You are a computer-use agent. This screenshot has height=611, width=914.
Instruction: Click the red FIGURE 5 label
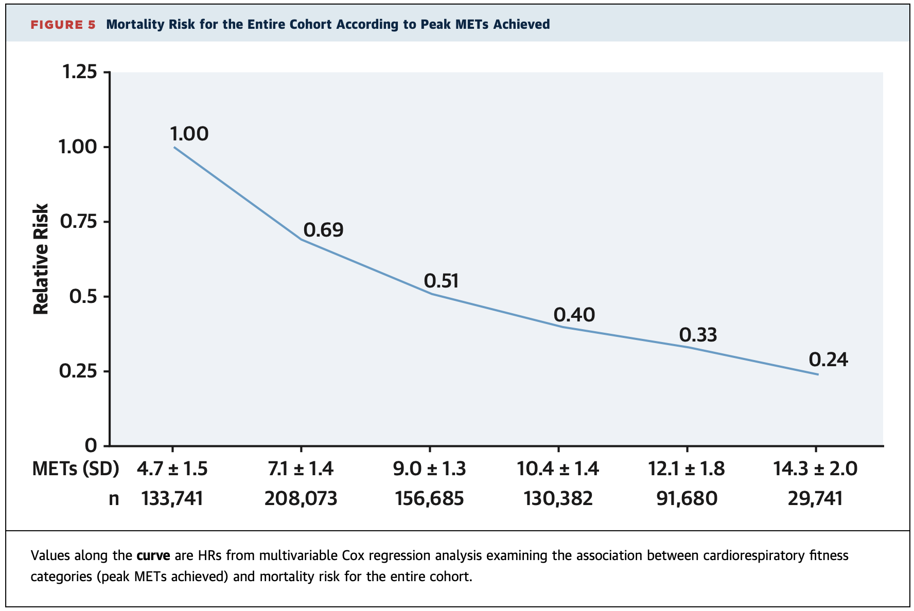click(63, 25)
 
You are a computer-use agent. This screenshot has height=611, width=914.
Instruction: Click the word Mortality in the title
click(133, 25)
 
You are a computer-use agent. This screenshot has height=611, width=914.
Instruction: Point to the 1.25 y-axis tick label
click(79, 72)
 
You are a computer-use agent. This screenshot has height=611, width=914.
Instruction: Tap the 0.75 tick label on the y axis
click(79, 222)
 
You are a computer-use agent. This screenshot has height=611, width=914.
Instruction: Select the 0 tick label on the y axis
click(91, 445)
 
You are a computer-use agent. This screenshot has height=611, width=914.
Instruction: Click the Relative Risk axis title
click(41, 259)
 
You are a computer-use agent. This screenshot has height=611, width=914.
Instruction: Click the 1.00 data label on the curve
click(189, 134)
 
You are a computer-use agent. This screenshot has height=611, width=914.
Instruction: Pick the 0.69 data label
click(323, 230)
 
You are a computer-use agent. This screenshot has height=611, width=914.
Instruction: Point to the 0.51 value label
click(441, 281)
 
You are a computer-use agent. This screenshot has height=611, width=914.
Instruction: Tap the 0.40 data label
click(574, 315)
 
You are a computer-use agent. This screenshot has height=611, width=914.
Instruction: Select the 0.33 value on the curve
click(698, 335)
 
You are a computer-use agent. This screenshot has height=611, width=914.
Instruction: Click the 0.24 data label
click(828, 360)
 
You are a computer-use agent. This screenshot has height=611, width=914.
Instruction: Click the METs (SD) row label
click(75, 469)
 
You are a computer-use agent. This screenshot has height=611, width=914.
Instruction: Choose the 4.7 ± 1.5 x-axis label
click(172, 469)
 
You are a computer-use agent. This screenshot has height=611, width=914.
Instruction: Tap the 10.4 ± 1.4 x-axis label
click(558, 469)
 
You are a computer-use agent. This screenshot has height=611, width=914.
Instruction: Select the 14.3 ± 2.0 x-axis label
click(815, 469)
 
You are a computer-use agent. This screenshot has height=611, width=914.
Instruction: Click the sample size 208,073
click(301, 498)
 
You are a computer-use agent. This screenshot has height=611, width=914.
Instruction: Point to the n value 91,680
click(687, 498)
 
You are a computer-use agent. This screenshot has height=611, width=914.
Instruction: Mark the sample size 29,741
click(815, 498)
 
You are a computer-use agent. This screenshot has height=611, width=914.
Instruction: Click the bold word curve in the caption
click(153, 556)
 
